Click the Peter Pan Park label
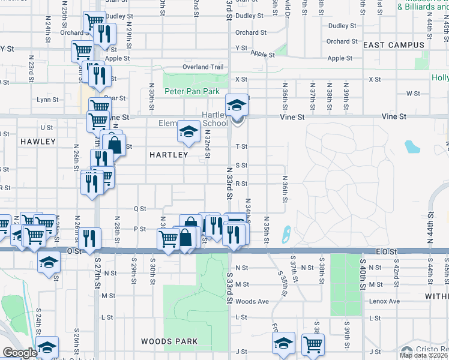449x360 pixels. (192, 92)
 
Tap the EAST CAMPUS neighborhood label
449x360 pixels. (394, 45)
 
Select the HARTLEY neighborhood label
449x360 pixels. (169, 155)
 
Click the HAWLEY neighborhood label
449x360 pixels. (38, 142)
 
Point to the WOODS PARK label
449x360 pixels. (169, 341)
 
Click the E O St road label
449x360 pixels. (386, 253)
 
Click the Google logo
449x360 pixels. (20, 353)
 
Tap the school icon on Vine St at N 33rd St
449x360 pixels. (237, 106)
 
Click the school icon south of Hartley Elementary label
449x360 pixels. (188, 132)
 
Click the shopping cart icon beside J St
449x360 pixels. (313, 344)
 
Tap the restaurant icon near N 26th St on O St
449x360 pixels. (89, 238)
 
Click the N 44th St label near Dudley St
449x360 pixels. (430, 28)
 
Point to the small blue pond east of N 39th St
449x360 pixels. (411, 146)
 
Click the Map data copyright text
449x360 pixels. (424, 355)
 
